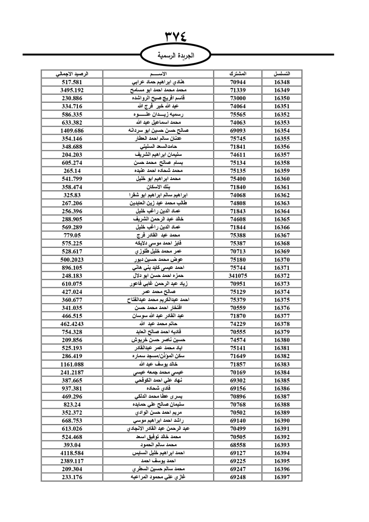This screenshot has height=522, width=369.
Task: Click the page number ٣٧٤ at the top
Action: [x=176, y=37]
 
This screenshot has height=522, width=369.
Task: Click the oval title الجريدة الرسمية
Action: [x=176, y=56]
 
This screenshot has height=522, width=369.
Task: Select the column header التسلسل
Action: [x=282, y=74]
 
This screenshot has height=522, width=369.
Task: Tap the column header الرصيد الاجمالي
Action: [x=72, y=74]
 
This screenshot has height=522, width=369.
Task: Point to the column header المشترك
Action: [x=238, y=74]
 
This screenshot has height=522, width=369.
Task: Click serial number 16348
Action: [x=282, y=82]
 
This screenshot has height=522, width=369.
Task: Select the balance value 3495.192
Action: [x=72, y=90]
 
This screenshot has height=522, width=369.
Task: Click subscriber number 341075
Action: [x=238, y=276]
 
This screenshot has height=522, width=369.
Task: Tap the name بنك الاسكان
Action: [x=158, y=187]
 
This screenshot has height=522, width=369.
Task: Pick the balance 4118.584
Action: [x=72, y=453]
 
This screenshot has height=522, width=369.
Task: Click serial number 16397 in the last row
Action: [x=282, y=477]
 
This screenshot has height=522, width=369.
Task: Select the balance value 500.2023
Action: [x=72, y=260]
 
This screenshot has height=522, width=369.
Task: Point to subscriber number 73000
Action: [x=238, y=98]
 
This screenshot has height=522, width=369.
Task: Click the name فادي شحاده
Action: [x=158, y=388]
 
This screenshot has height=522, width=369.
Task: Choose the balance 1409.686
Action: [x=72, y=131]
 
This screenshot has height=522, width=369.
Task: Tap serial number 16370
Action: [x=282, y=260]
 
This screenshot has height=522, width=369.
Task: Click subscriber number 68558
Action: [x=238, y=445]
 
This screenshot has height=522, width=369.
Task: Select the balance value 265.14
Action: [x=72, y=171]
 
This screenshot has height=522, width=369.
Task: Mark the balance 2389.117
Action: [x=72, y=461]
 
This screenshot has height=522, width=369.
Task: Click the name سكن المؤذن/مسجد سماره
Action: [x=158, y=356]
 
